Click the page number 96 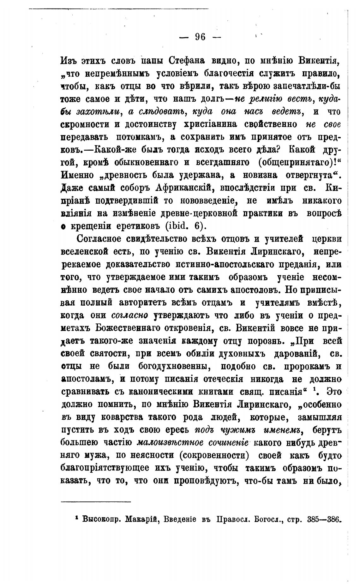(x=200, y=37)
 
